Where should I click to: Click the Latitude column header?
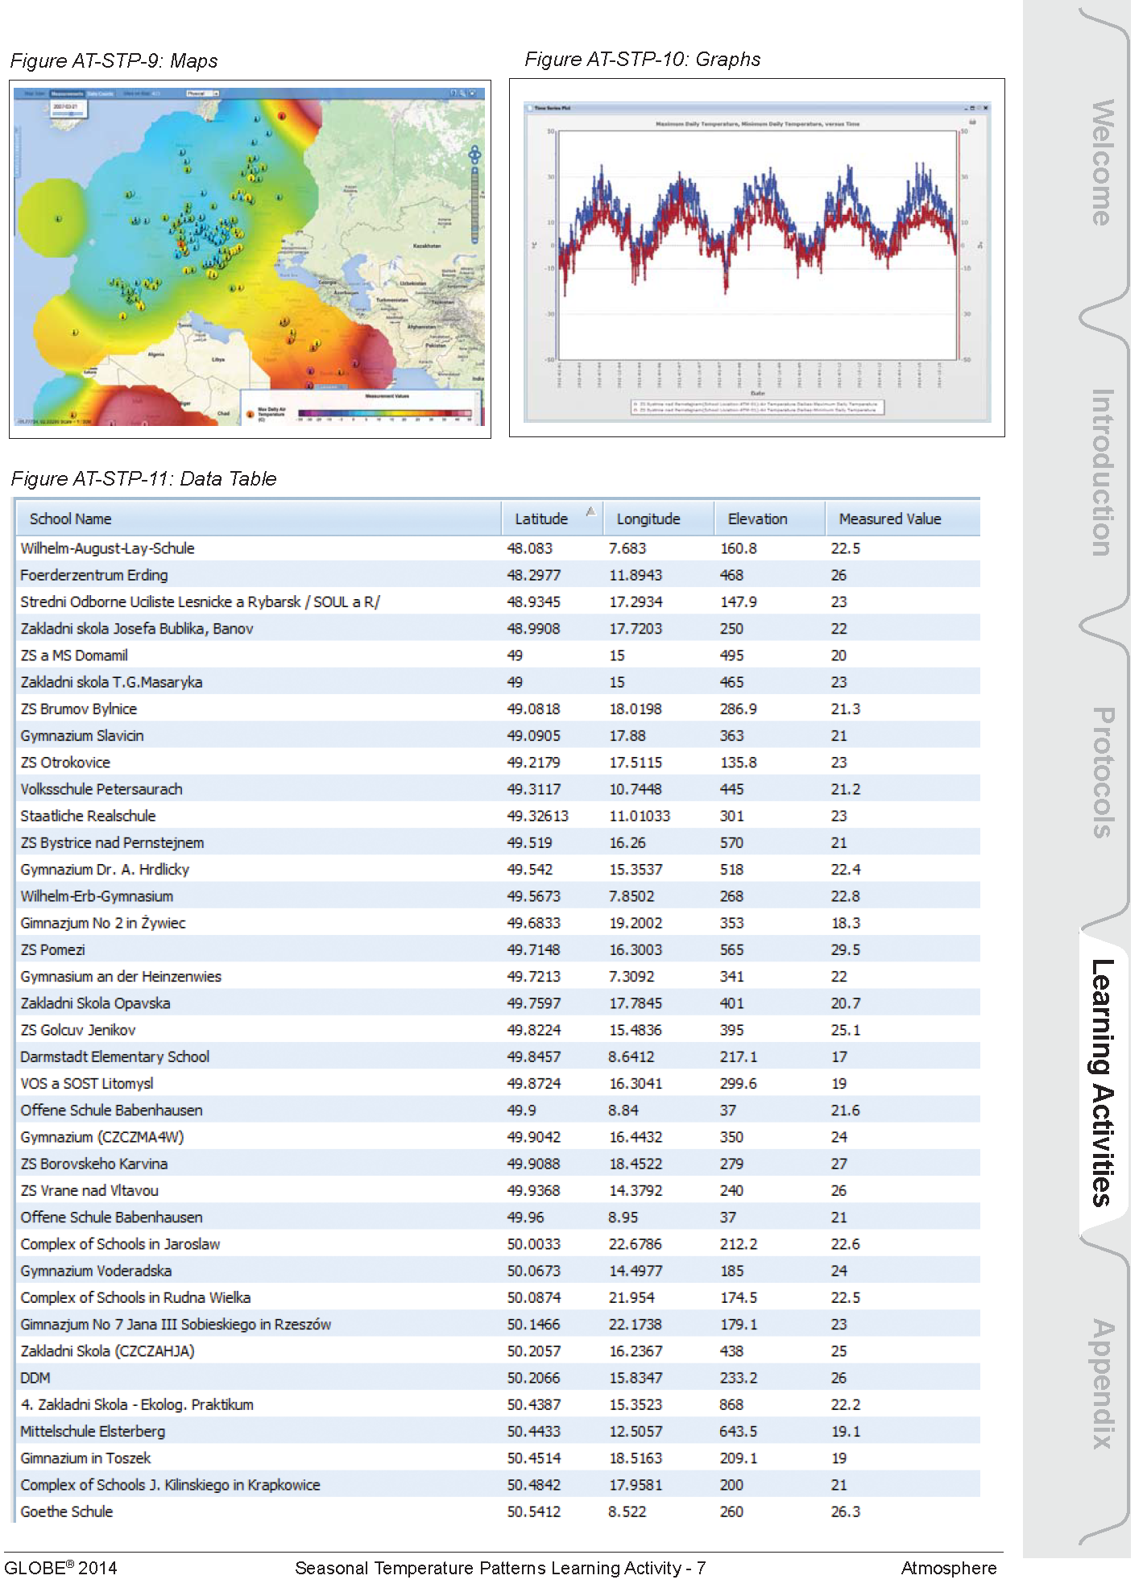click(x=541, y=519)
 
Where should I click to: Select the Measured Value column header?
click(x=889, y=519)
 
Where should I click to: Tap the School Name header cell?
click(x=71, y=519)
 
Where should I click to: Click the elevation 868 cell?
click(x=731, y=1405)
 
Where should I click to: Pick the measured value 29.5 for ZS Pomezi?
click(x=845, y=950)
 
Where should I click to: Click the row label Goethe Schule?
click(x=67, y=1512)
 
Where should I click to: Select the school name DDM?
click(x=35, y=1379)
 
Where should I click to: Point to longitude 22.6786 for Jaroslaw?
click(x=635, y=1245)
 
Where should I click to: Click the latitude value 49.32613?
click(x=537, y=817)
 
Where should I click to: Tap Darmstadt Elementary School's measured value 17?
click(x=839, y=1057)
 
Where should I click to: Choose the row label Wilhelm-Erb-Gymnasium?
click(x=97, y=897)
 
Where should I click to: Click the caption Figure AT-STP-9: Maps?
click(x=114, y=61)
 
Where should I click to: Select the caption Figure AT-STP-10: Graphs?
click(x=642, y=60)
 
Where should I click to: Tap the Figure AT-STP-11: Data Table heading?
click(x=143, y=479)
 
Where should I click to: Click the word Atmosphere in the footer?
click(x=948, y=1568)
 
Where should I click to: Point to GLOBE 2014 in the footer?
click(x=60, y=1568)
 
